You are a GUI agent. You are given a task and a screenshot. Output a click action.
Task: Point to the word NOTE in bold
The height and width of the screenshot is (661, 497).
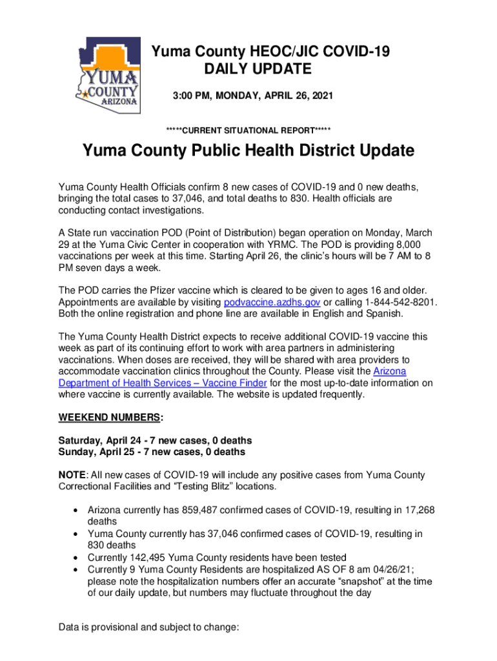(x=70, y=475)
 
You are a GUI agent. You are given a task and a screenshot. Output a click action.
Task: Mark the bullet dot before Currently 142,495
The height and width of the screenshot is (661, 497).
(x=76, y=558)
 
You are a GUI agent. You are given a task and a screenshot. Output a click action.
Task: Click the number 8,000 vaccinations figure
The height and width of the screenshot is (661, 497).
(x=407, y=244)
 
